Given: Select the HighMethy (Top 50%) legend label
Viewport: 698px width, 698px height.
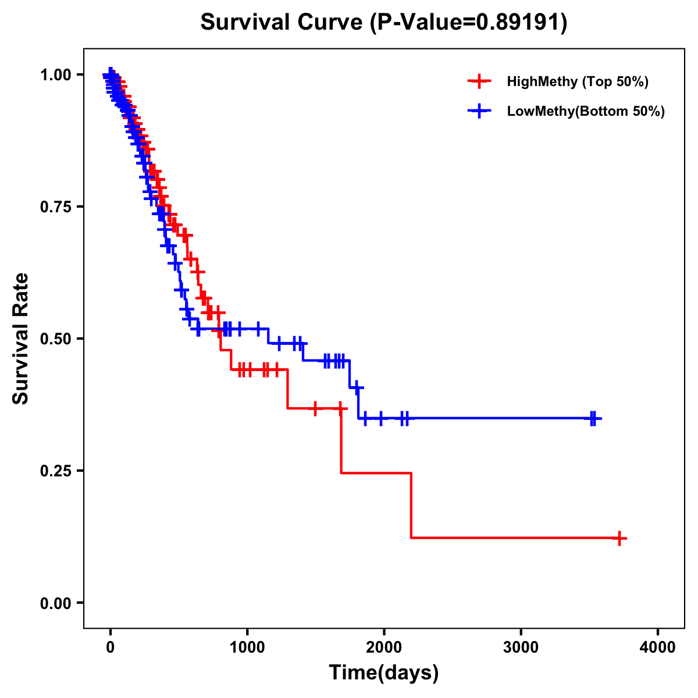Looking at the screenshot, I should point(578,81).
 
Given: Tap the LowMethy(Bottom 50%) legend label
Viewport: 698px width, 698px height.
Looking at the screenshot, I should point(586,111).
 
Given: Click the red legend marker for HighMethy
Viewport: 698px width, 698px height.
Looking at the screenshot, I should point(479,81).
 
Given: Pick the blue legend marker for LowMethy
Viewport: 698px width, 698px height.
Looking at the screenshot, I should point(479,111).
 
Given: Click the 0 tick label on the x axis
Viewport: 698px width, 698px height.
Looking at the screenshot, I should point(110,647).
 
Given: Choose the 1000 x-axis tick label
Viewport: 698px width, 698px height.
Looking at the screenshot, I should point(247,647).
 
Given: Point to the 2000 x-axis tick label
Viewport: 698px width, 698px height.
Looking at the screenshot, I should point(384,647).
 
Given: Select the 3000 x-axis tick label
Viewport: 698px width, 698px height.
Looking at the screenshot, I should point(521,647).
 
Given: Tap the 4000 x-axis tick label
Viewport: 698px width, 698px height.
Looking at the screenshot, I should point(658,647).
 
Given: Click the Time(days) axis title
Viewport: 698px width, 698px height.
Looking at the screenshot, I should point(384,673).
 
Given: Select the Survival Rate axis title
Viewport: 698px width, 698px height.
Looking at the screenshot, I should point(21,339).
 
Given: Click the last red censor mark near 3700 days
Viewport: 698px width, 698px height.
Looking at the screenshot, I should point(619,538).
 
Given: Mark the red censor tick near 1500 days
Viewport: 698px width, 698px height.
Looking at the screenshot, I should point(315,408).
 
